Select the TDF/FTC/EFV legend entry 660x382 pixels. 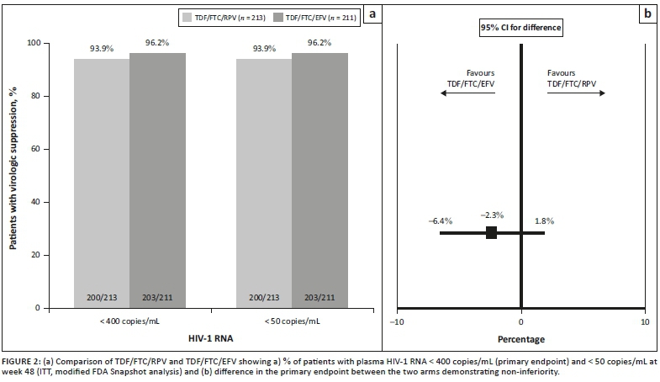coord(316,16)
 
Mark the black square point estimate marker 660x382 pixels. coord(492,233)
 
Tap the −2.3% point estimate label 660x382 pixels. coord(492,215)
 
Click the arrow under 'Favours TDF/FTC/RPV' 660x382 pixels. coord(576,94)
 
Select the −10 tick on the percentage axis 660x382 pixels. coord(399,321)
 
